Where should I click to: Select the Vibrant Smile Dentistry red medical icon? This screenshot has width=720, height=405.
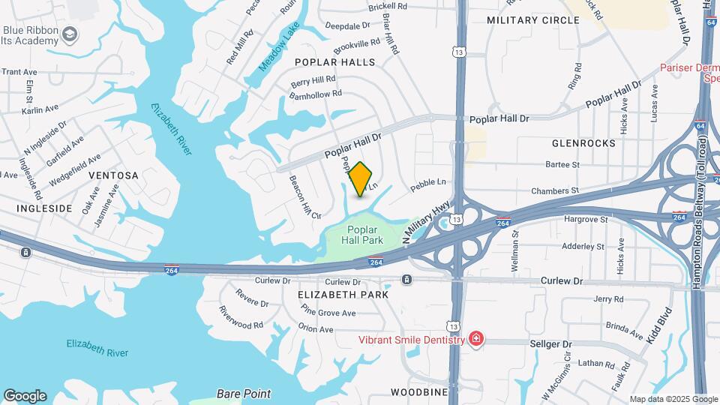(x=475, y=340)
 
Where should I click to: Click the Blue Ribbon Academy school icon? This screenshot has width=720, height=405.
(x=70, y=34)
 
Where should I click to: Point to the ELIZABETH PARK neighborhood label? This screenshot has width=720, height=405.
(x=343, y=295)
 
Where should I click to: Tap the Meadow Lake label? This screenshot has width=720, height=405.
(x=279, y=47)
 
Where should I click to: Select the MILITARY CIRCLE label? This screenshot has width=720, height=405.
(x=533, y=20)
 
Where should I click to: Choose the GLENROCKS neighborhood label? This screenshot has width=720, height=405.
(x=583, y=142)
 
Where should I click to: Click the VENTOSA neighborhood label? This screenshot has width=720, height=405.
(x=114, y=175)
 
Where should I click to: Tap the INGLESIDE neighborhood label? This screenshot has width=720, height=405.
(x=45, y=208)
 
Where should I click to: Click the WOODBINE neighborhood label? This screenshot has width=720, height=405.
(x=418, y=392)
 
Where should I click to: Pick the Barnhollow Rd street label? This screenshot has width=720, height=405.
(x=316, y=94)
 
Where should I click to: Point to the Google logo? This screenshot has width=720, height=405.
(x=25, y=396)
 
